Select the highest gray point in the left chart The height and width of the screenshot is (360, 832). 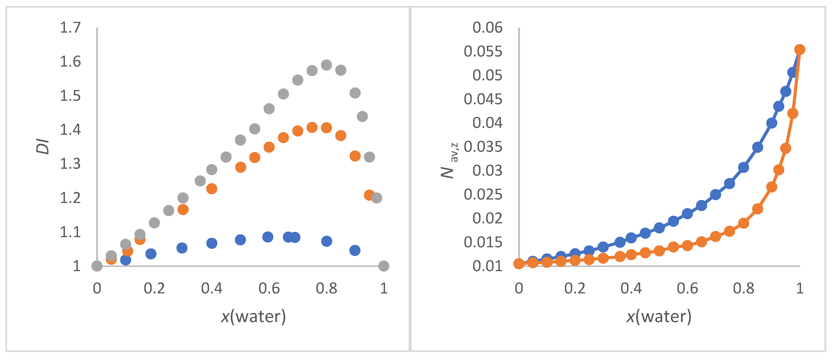point(326,65)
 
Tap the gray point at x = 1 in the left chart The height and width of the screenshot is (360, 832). point(383,266)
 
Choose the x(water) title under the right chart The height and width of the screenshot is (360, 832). point(659,316)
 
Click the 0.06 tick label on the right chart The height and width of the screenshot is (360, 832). point(487,28)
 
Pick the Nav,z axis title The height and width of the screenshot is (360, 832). point(449,161)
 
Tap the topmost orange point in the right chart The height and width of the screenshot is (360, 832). point(800,49)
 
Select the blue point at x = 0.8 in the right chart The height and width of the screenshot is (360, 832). point(743,167)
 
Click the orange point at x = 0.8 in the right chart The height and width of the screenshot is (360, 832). point(743,223)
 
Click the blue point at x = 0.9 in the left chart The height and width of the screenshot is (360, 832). point(355,250)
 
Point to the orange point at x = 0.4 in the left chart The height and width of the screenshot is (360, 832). point(212,188)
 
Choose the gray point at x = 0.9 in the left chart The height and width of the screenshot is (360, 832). point(355,93)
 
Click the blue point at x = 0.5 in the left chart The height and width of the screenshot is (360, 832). point(240,240)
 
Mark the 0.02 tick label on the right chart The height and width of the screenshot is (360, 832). point(487,218)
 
